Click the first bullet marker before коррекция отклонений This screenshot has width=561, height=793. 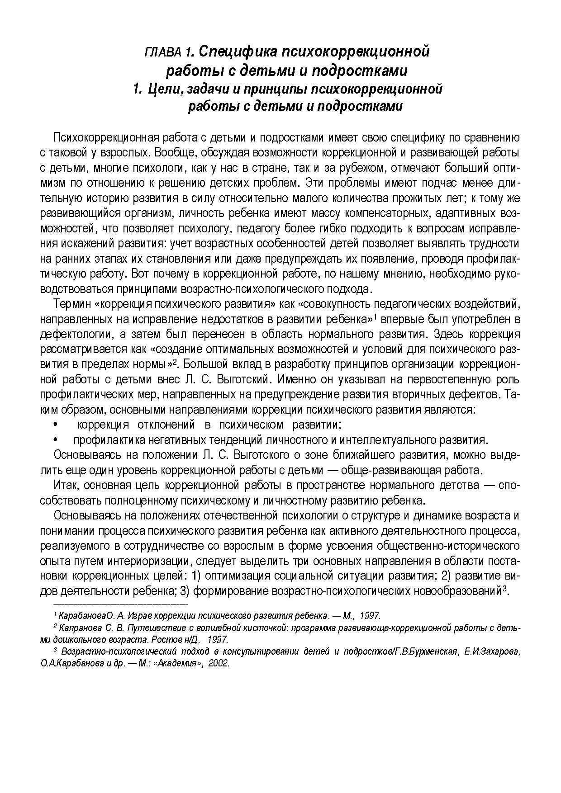tap(55, 425)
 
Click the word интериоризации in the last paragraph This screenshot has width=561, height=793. tap(148, 562)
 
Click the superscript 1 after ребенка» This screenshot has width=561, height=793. tap(375, 316)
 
